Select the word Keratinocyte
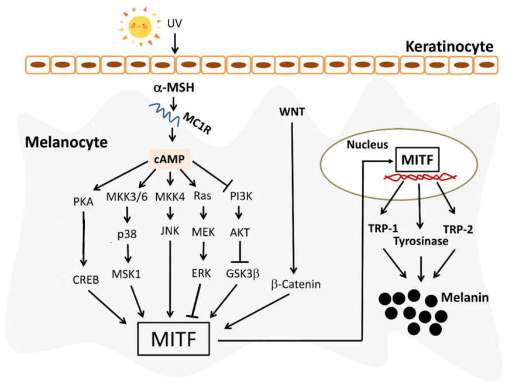tap(449, 47)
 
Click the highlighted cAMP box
tap(171, 159)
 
